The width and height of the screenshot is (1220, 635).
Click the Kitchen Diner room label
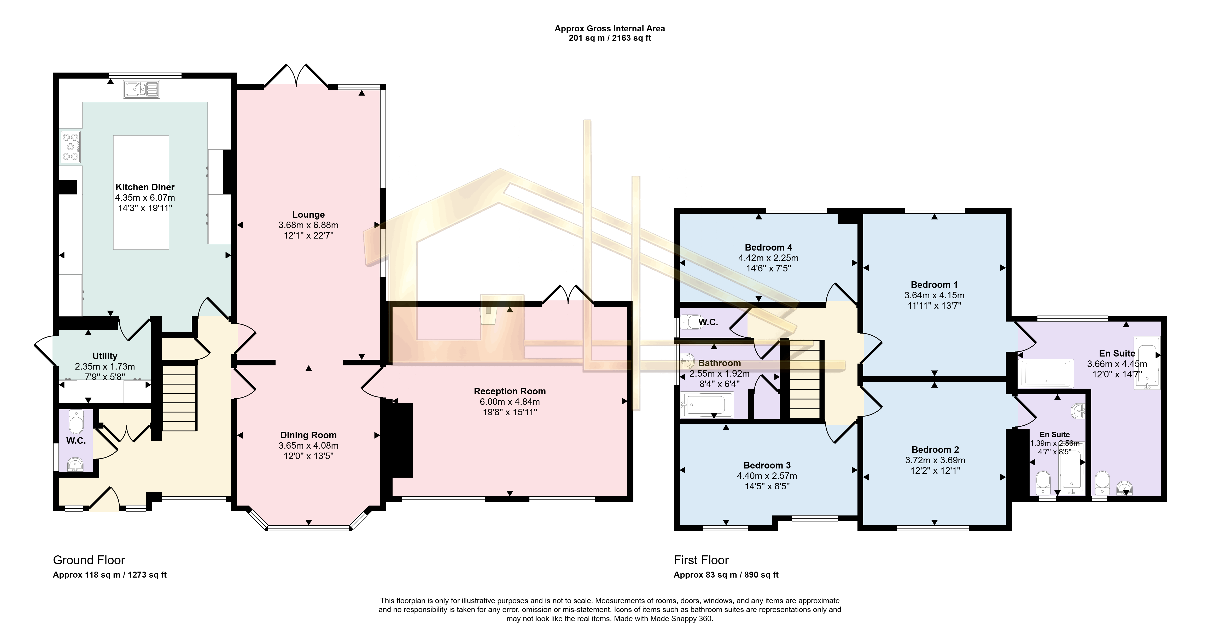145,187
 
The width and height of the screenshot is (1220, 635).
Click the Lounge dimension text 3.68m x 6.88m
308,225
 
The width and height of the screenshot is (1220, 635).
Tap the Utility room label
105,356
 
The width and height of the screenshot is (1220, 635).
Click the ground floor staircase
179,397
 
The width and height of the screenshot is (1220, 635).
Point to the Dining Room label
308,435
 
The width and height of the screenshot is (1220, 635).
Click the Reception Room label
510,391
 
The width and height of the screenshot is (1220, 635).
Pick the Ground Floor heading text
89,560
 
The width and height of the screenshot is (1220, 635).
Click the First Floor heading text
701,560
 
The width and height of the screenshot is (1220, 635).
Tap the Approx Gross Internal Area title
610,28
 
